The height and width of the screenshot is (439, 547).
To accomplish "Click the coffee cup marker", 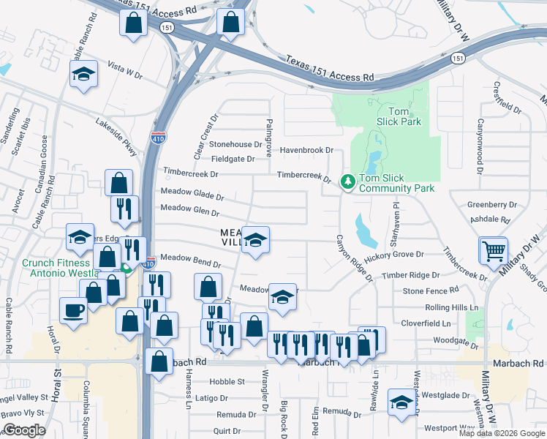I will coord(72,310).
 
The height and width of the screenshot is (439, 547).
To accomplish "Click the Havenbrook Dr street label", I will coord(306,150).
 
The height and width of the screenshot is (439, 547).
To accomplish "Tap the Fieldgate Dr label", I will coord(233,159).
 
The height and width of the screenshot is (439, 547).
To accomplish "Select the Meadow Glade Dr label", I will coord(192,195).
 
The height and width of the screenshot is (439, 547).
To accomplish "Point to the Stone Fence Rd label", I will coord(429,291).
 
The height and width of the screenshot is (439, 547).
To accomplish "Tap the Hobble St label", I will coord(226,382).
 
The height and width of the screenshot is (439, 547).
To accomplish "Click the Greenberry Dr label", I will coord(492,205).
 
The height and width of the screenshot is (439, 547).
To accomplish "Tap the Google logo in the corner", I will coord(24,430).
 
